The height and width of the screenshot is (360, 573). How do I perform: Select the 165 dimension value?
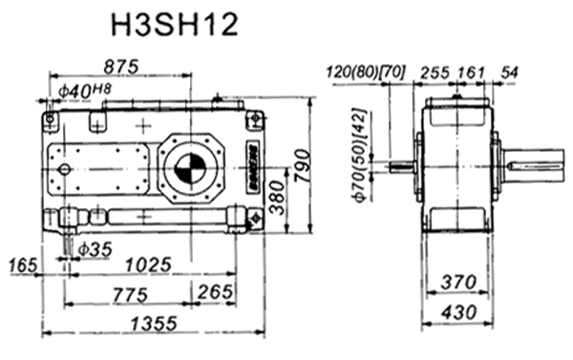(24, 263)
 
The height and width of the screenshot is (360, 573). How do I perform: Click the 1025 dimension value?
(147, 263)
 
